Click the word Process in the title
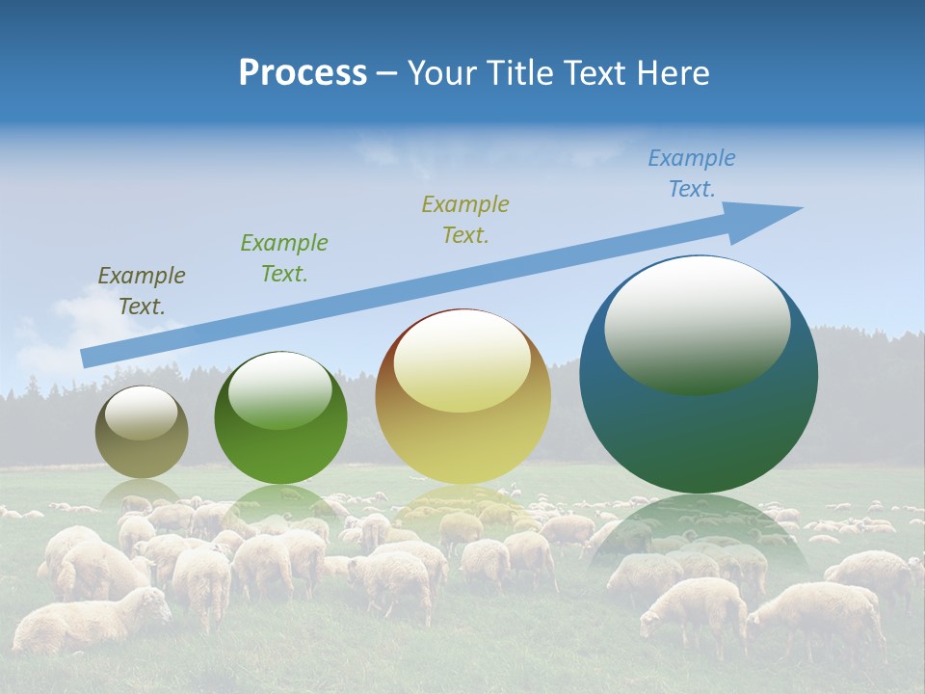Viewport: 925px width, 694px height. tap(303, 73)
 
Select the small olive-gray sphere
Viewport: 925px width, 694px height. tap(142, 432)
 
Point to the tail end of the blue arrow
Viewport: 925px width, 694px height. tap(87, 358)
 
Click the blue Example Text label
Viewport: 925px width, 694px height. tap(692, 173)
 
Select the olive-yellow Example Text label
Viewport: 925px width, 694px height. tap(465, 219)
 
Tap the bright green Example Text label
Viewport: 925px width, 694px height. tap(284, 257)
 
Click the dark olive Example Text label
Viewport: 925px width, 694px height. tap(142, 290)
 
